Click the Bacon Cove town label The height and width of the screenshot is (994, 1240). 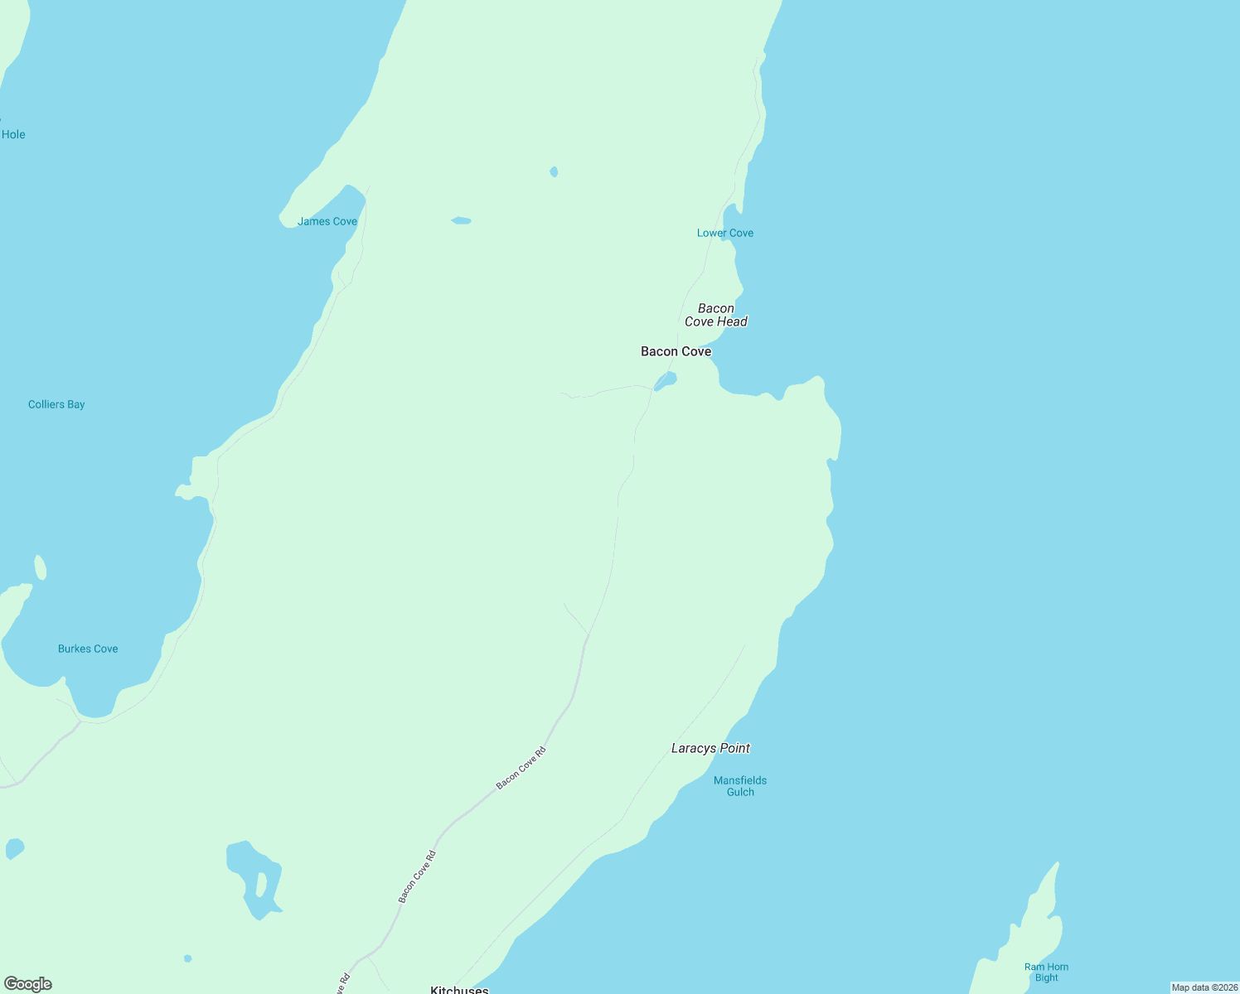pyautogui.click(x=676, y=351)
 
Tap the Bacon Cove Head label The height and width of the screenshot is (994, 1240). pyautogui.click(x=716, y=315)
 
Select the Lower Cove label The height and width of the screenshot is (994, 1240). pyautogui.click(x=725, y=233)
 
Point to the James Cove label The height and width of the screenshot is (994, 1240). pyautogui.click(x=327, y=221)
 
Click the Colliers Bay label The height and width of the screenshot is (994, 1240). pyautogui.click(x=56, y=404)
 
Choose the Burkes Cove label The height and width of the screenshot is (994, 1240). pyautogui.click(x=88, y=649)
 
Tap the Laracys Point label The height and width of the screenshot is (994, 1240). pyautogui.click(x=710, y=748)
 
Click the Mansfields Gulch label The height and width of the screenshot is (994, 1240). pyautogui.click(x=740, y=786)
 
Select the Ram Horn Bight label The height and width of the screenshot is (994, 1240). pyautogui.click(x=1046, y=972)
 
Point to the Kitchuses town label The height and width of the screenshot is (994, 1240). pyautogui.click(x=459, y=989)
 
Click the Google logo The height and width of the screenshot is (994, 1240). pyautogui.click(x=28, y=984)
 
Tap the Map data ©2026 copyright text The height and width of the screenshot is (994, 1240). pyautogui.click(x=1204, y=987)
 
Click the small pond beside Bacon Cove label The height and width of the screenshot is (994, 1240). pyautogui.click(x=666, y=380)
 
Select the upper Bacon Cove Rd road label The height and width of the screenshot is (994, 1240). pyautogui.click(x=521, y=768)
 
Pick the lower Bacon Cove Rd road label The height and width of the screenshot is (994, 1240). pyautogui.click(x=417, y=876)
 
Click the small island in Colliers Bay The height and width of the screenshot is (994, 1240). pyautogui.click(x=40, y=567)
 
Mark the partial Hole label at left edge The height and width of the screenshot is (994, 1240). pyautogui.click(x=13, y=134)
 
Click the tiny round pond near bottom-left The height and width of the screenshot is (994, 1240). pyautogui.click(x=188, y=958)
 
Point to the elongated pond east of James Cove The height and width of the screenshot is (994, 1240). pyautogui.click(x=461, y=221)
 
